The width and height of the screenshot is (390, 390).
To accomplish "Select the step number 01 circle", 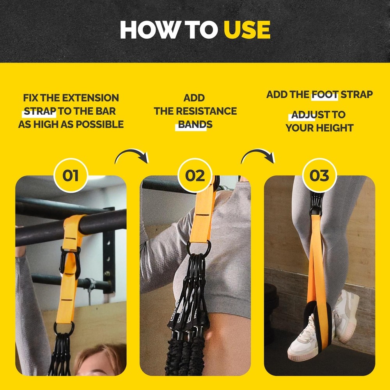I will coord(71,175).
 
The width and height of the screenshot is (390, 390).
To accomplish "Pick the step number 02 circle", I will coord(195,175).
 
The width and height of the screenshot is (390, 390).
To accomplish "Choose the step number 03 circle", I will coord(319,175).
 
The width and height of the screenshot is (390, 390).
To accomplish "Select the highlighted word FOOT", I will coord(324,94).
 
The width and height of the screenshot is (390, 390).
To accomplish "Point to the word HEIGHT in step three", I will coord(335,128).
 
